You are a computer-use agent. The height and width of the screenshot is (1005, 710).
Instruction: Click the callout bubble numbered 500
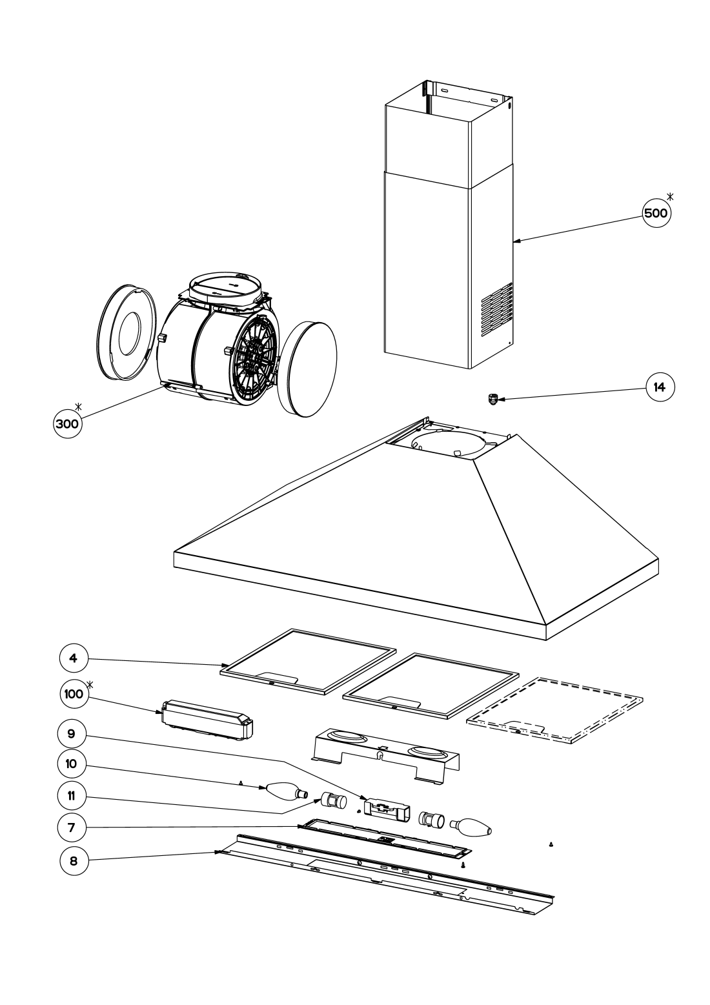pyautogui.click(x=656, y=213)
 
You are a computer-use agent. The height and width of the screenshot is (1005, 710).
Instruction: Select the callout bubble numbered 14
pyautogui.click(x=660, y=387)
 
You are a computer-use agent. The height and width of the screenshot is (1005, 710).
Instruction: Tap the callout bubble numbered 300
pyautogui.click(x=67, y=423)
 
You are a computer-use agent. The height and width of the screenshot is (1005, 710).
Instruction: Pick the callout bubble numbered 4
pyautogui.click(x=74, y=658)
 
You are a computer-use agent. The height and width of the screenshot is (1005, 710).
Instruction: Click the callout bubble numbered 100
pyautogui.click(x=74, y=695)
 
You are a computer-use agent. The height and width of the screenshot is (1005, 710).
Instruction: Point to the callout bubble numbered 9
pyautogui.click(x=72, y=733)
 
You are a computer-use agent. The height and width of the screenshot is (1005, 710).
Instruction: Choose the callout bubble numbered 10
pyautogui.click(x=72, y=764)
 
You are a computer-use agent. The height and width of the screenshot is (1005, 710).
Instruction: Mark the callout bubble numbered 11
pyautogui.click(x=72, y=796)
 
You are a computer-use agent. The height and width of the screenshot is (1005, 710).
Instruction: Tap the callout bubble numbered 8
pyautogui.click(x=74, y=862)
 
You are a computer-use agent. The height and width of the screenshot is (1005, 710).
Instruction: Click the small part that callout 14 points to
pyautogui.click(x=493, y=400)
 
